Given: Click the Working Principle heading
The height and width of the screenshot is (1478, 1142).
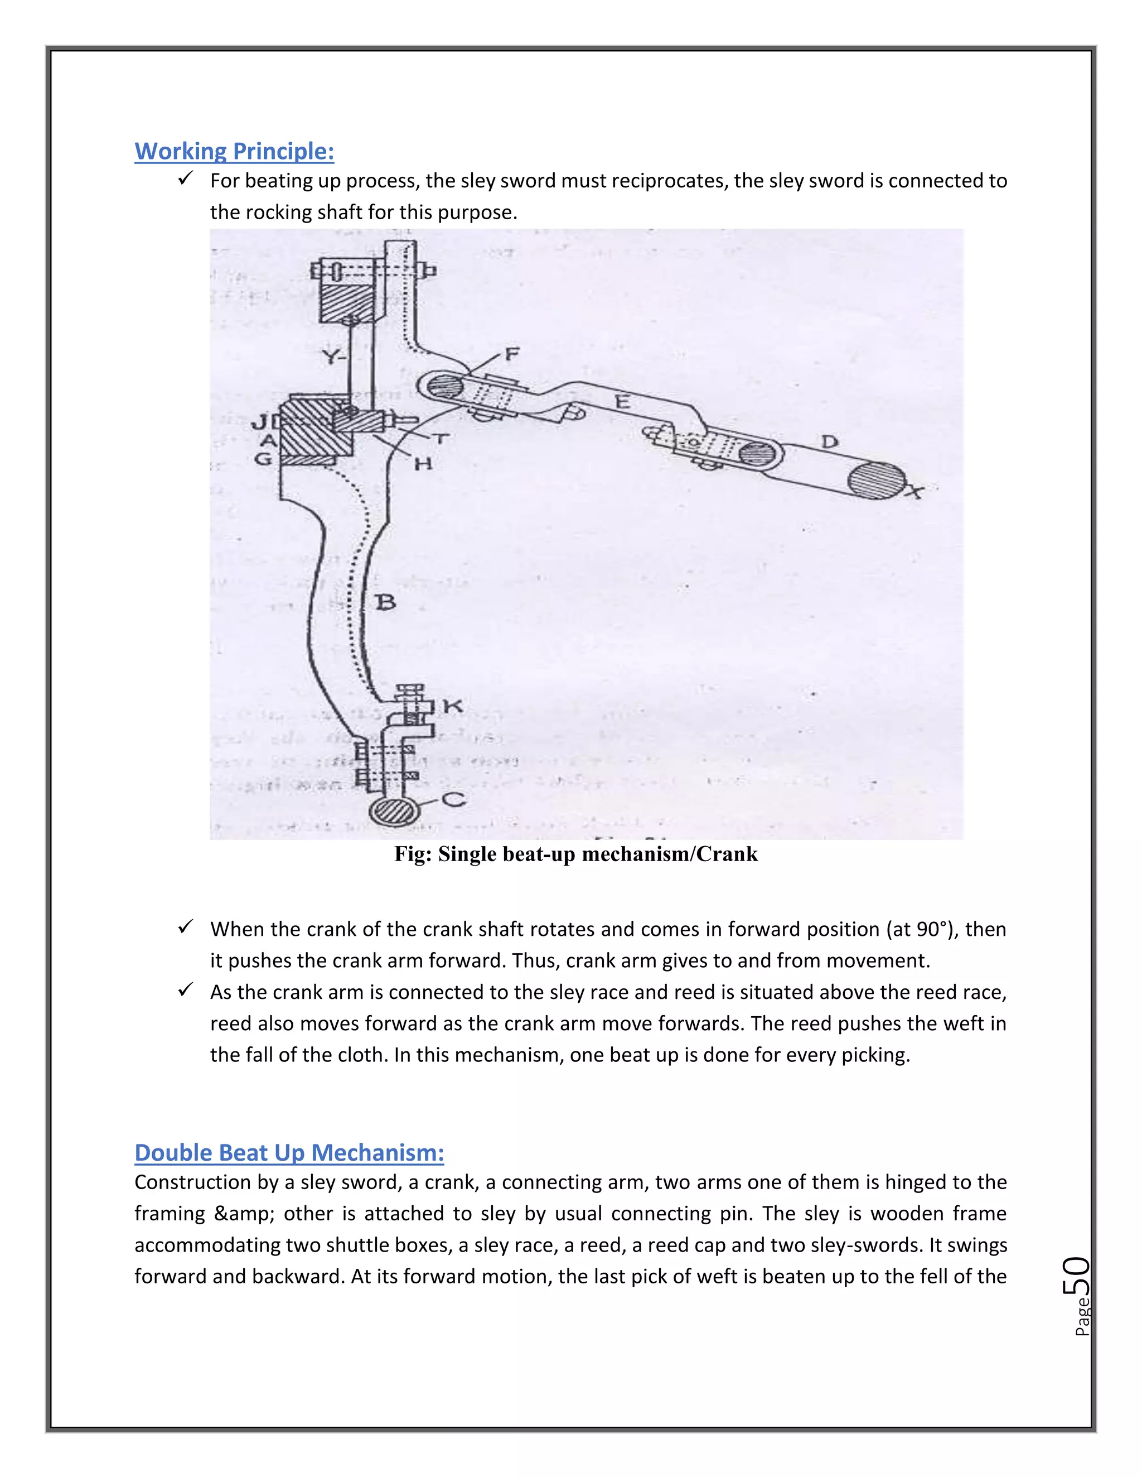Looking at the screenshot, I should pyautogui.click(x=234, y=151).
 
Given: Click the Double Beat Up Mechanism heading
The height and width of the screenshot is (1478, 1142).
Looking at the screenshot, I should pyautogui.click(x=289, y=1152).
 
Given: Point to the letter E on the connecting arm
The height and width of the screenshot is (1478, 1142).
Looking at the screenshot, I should pyautogui.click(x=622, y=403).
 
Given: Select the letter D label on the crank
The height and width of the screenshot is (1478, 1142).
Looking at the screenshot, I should pyautogui.click(x=829, y=443).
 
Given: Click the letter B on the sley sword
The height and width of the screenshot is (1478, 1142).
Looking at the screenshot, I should pyautogui.click(x=385, y=602).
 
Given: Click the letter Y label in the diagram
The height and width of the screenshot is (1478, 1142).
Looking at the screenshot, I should pyautogui.click(x=331, y=356).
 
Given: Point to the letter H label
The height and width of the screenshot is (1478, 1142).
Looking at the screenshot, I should pyautogui.click(x=423, y=463).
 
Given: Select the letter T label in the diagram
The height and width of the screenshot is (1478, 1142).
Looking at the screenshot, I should pyautogui.click(x=441, y=438).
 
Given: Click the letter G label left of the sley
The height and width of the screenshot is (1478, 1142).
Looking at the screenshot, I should pyautogui.click(x=263, y=459).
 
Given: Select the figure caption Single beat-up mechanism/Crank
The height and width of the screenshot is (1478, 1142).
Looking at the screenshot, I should pyautogui.click(x=575, y=854).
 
